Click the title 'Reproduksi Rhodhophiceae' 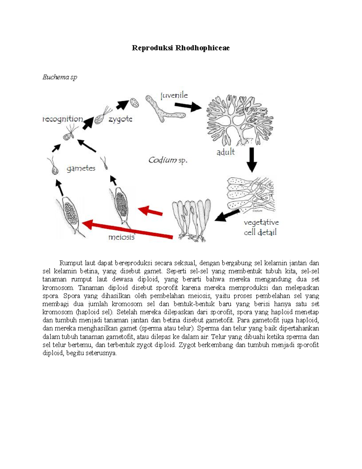[x=181, y=48]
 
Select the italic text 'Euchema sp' [x=60, y=77]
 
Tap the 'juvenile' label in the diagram [x=174, y=95]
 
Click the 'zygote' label [x=120, y=119]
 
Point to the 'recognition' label [x=62, y=119]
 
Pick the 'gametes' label [x=81, y=169]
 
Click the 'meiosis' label [x=121, y=237]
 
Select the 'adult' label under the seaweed [x=225, y=152]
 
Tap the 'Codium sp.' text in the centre [x=168, y=160]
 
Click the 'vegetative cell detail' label [x=261, y=227]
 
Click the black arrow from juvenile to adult [x=188, y=106]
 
